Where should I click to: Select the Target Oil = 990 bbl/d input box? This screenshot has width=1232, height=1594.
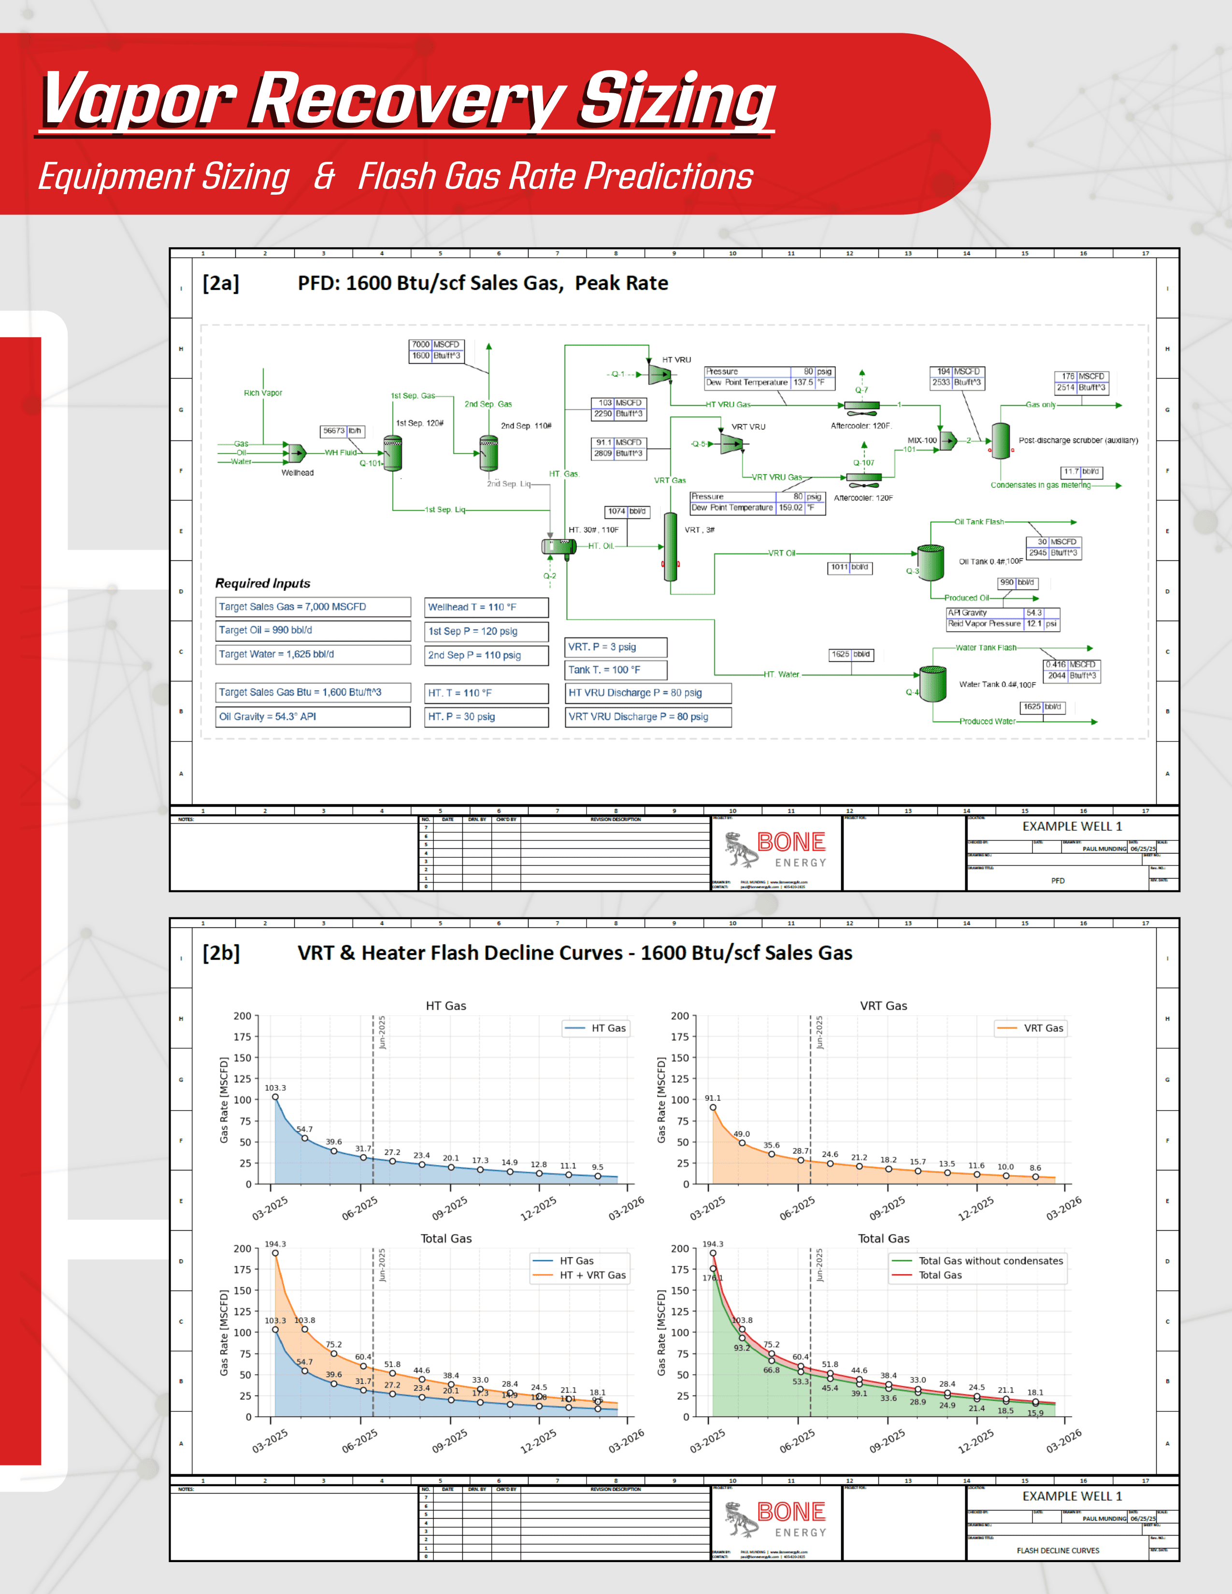pos(313,630)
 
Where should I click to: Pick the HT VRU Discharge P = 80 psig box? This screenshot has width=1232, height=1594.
pos(648,693)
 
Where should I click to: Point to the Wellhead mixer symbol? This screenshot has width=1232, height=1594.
pos(296,453)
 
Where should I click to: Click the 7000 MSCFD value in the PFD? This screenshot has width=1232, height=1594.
pos(421,344)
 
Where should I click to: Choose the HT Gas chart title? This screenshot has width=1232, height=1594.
pos(446,1006)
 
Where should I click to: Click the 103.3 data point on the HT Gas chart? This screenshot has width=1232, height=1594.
pos(275,1097)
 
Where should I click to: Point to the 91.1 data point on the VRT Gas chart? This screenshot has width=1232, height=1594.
pos(713,1107)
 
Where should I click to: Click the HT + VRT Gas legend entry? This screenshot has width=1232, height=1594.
pos(592,1275)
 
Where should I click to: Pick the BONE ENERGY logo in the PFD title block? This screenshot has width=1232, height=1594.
pos(776,850)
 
